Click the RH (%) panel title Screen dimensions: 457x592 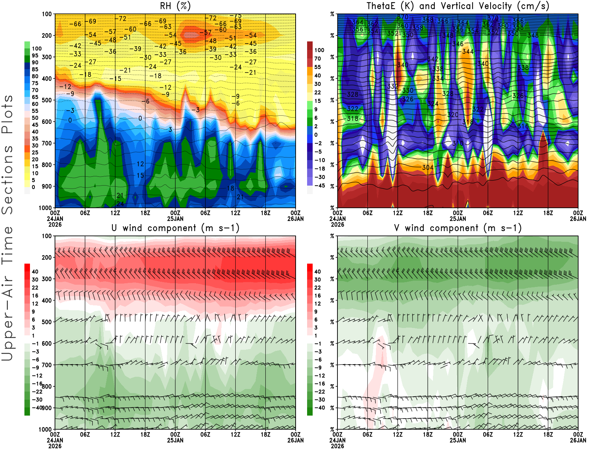[x=175, y=6]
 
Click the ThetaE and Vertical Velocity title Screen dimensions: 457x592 [x=458, y=6]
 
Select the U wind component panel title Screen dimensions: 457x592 [x=175, y=228]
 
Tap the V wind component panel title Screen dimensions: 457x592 [x=458, y=228]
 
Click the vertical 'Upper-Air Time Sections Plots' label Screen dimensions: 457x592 [x=7, y=228]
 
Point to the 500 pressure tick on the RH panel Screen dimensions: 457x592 [x=47, y=100]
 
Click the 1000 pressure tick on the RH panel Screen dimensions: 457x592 [x=45, y=208]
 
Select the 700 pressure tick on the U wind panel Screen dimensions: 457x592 [x=47, y=365]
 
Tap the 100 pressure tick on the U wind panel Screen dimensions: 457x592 [x=47, y=236]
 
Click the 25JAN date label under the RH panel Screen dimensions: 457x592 [x=175, y=219]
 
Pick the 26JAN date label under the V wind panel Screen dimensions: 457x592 [x=578, y=440]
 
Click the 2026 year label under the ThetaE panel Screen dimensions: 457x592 [x=337, y=224]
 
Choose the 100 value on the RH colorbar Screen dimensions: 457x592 [x=37, y=48]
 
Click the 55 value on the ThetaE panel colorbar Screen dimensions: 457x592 [x=317, y=67]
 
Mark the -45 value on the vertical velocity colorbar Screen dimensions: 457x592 [x=319, y=186]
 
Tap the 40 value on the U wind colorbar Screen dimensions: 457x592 [x=35, y=271]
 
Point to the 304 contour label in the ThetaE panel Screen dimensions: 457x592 [x=428, y=167]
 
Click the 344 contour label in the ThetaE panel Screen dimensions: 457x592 [x=468, y=52]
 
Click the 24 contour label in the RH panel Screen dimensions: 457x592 [x=120, y=204]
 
